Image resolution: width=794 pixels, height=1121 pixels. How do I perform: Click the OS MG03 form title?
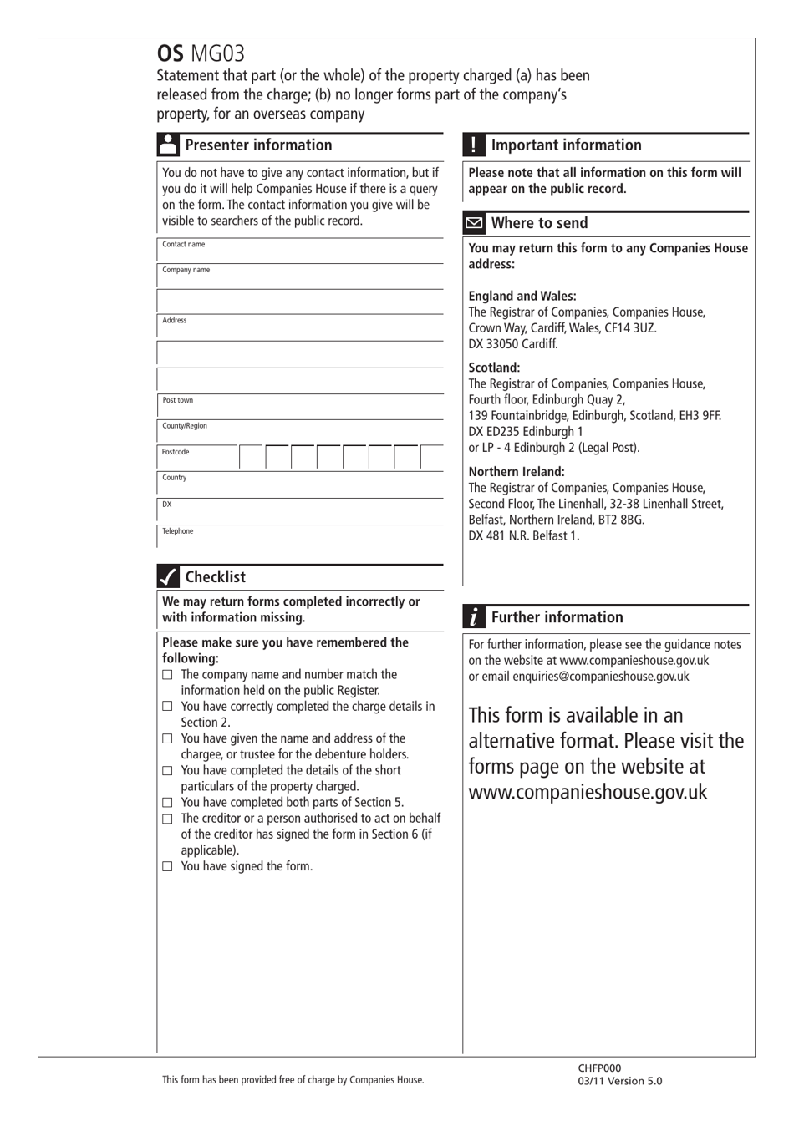coord(201,54)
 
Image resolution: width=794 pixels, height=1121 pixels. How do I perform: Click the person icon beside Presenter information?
coord(168,145)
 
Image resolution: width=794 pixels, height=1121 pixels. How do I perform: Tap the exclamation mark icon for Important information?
coord(474,145)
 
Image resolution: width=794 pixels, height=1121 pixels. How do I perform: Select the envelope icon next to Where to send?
coord(474,223)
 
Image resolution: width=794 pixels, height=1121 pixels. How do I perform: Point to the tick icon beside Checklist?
coord(168,576)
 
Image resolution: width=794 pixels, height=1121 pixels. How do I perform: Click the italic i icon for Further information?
coord(474,617)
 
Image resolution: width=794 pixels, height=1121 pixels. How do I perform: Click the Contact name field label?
coord(183,245)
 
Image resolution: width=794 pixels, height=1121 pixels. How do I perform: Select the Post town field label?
coord(177,401)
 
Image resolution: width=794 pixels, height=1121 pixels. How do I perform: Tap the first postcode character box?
coord(252,457)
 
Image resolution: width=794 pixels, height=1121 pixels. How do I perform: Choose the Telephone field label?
coord(177,531)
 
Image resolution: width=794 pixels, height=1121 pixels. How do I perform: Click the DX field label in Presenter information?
coord(166,505)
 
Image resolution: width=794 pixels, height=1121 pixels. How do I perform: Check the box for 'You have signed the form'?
coord(167,867)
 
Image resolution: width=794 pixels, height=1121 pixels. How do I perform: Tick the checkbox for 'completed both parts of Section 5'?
coord(167,803)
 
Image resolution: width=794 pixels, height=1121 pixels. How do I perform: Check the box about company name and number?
coord(167,675)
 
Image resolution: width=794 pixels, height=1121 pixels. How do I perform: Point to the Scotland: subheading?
coord(494,368)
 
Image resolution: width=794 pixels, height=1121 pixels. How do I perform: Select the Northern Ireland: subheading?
coord(517,472)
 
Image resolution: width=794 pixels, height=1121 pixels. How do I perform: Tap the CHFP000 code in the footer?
coord(599,1068)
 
